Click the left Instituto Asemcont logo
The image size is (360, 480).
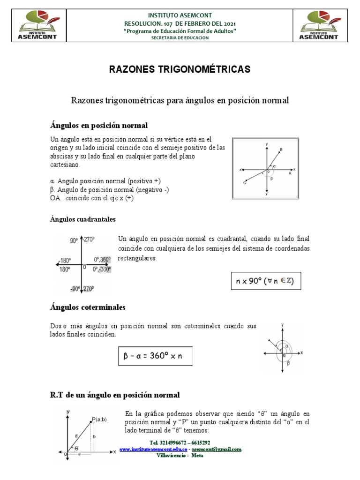39,26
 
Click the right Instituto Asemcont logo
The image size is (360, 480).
320,26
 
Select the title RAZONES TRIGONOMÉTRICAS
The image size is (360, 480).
180,70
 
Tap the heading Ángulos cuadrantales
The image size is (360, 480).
82,219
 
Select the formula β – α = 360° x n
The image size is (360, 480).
152,356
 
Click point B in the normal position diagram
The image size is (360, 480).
280,150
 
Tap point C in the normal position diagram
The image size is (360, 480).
245,183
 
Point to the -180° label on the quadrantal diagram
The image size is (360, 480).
64,261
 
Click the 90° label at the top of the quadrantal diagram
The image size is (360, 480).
74,240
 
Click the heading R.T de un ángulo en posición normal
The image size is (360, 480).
115,395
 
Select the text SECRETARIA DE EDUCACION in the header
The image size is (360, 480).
180,38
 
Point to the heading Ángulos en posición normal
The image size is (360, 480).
99,125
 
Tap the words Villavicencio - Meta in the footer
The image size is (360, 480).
180,455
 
